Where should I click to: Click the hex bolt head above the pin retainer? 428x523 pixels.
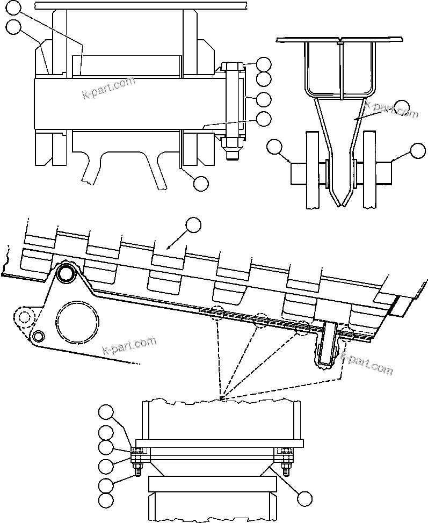[231, 68]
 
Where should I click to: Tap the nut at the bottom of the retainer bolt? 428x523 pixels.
[231, 143]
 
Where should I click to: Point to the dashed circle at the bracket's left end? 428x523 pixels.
[24, 316]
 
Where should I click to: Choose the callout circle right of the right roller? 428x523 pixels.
[418, 151]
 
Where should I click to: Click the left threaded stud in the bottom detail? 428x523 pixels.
[136, 469]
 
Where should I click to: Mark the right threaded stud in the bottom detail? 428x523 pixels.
[286, 469]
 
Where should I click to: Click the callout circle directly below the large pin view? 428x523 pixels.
[200, 183]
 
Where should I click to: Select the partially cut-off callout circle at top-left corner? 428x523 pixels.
[14, 7]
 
